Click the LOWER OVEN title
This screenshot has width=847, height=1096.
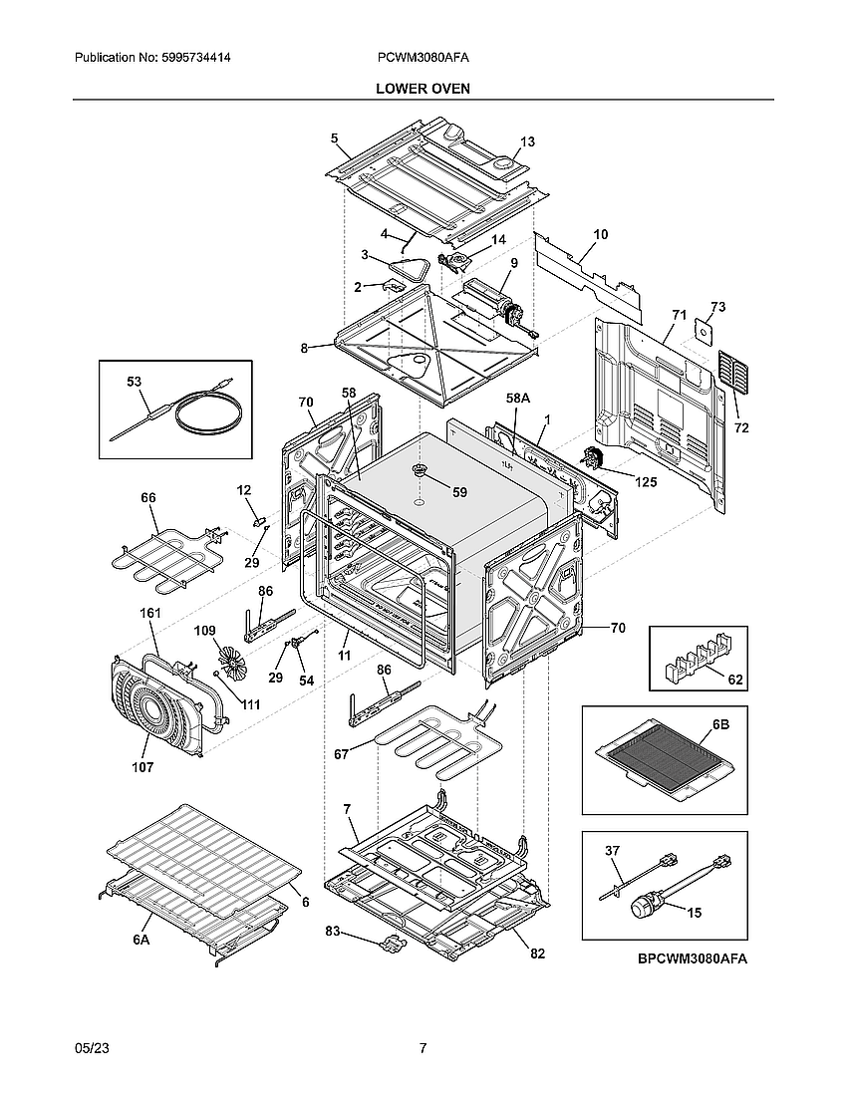tap(423, 89)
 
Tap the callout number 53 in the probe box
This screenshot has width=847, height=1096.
tap(135, 382)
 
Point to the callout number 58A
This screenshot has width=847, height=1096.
tap(517, 398)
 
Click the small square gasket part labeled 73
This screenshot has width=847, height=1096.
tap(706, 332)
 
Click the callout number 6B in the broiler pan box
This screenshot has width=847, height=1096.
tap(719, 725)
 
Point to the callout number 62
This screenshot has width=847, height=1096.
tap(735, 681)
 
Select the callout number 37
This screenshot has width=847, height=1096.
tap(613, 850)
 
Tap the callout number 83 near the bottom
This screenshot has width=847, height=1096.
tap(333, 931)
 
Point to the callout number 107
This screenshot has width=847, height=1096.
tap(142, 767)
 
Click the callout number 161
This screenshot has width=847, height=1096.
tap(149, 614)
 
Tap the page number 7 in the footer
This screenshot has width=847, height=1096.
tap(423, 1048)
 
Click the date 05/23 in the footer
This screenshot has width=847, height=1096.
tap(91, 1048)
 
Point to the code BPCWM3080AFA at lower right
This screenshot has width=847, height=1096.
tap(693, 959)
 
